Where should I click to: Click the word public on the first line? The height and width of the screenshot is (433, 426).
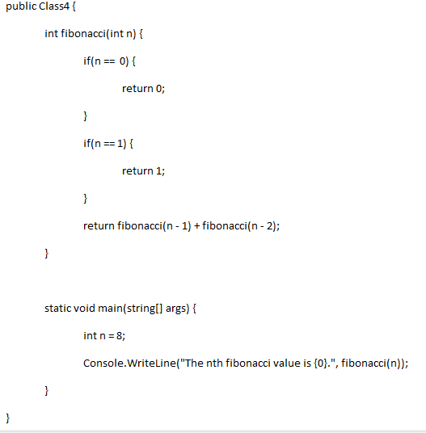coord(21,6)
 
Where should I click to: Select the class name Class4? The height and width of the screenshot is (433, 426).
coord(54,6)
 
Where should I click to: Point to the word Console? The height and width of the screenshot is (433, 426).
coord(103,363)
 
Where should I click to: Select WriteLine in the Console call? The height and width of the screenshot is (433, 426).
coord(151,363)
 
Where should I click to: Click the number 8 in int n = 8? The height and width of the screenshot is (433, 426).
coord(120,335)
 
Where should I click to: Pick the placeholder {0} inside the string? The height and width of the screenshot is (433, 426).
coord(320,364)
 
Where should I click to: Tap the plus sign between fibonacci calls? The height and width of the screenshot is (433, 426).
coord(196,226)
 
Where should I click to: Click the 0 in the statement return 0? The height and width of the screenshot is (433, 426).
coord(158,88)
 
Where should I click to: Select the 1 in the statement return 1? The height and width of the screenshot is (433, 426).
coord(158,171)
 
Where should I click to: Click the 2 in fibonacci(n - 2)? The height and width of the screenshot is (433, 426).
coord(269,226)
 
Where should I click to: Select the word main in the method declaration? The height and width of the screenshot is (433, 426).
coord(110,308)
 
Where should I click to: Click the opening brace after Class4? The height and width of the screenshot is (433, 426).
coord(74,6)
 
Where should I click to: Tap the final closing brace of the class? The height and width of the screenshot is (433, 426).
coord(8,418)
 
